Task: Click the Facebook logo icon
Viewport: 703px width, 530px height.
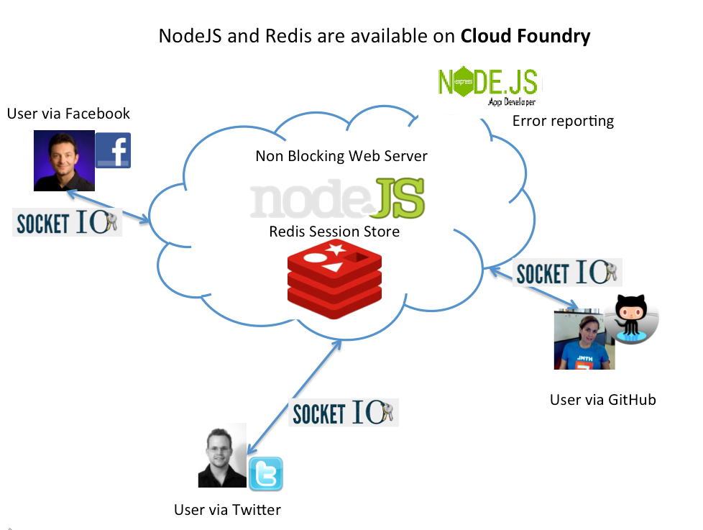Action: [x=113, y=150]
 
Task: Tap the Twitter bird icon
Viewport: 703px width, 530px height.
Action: [x=265, y=474]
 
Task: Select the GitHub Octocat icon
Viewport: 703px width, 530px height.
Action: [x=632, y=319]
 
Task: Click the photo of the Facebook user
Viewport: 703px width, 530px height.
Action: [x=64, y=160]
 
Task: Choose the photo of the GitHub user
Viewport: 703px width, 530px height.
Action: [x=584, y=339]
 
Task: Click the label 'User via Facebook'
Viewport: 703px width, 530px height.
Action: [x=68, y=114]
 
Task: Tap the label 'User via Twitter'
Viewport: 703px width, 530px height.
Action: [x=227, y=510]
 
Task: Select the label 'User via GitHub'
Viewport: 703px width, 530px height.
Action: [x=602, y=400]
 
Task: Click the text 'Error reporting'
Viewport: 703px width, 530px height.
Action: [x=563, y=121]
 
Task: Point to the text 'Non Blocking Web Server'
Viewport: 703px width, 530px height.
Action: [x=341, y=156]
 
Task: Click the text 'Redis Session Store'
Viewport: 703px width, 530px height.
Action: [x=334, y=232]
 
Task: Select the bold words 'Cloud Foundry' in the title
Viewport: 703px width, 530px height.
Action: [x=525, y=36]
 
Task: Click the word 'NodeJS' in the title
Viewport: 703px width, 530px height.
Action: [x=190, y=36]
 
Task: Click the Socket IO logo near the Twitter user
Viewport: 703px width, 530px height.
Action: [x=344, y=413]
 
